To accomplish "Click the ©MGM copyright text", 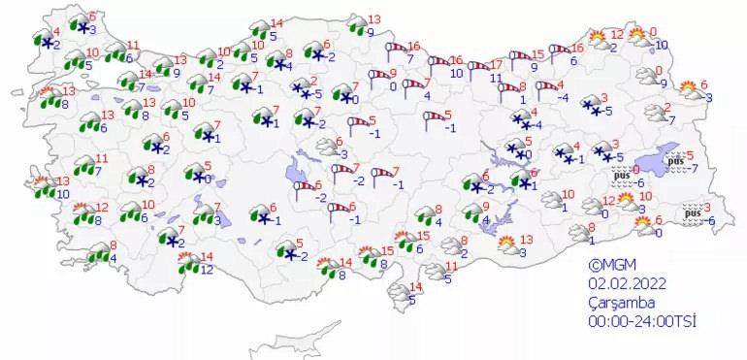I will pyautogui.click(x=611, y=264).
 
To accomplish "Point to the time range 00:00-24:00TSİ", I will pyautogui.click(x=641, y=320).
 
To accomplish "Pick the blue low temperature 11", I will pyautogui.click(x=495, y=77).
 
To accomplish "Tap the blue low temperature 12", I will pyautogui.click(x=205, y=270).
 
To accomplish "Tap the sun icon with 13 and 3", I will pyautogui.click(x=507, y=245).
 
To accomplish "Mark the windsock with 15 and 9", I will pyautogui.click(x=520, y=60).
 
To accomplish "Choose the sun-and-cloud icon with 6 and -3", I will pyautogui.click(x=690, y=91).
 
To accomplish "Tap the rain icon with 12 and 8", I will pyautogui.click(x=83, y=213).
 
